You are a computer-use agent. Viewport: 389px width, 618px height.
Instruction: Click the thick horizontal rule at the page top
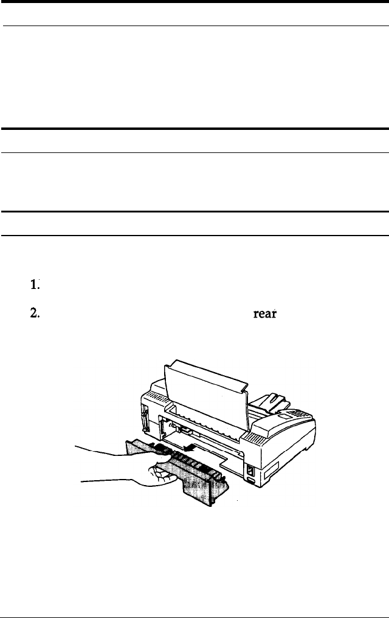(x=194, y=2)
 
